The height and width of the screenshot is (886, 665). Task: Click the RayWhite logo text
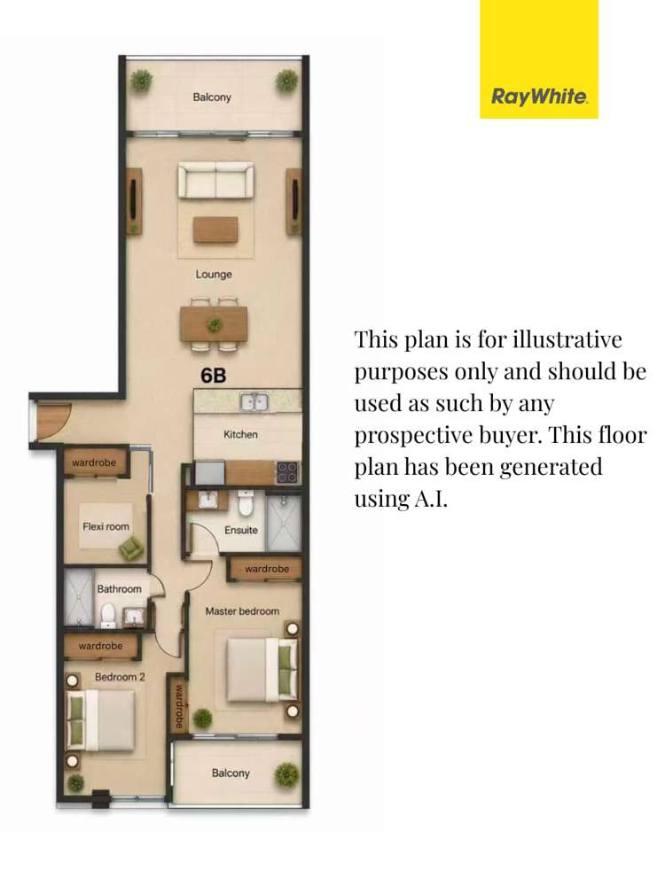point(539,97)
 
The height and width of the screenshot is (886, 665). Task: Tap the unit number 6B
point(213,376)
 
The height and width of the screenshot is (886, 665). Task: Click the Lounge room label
point(214,274)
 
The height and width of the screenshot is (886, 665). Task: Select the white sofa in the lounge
point(215,180)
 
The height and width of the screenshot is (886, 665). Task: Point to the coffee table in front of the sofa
point(215,230)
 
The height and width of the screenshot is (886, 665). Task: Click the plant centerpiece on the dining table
point(215,325)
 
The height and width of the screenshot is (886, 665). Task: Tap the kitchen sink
point(254,401)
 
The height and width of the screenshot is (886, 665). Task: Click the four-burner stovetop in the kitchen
point(286,472)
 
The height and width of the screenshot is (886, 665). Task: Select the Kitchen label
point(240,434)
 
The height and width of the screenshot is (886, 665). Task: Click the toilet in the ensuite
point(246,502)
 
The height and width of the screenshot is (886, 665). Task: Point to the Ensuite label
point(241,530)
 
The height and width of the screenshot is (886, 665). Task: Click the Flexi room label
point(106,526)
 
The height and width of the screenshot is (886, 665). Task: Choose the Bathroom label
point(119,589)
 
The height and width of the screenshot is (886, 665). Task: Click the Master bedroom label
point(242,610)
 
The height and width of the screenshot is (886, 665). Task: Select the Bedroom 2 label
point(120,677)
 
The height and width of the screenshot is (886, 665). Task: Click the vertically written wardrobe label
point(179,706)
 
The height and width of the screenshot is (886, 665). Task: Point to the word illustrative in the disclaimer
point(567,339)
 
